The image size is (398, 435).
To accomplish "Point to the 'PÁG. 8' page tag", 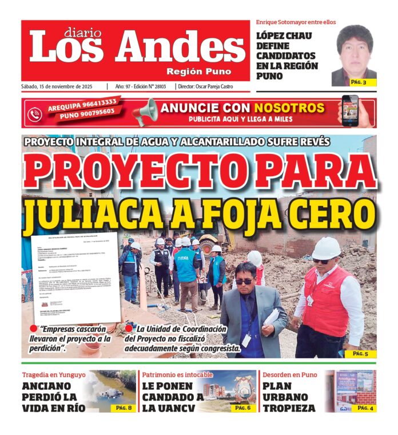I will click(x=124, y=408).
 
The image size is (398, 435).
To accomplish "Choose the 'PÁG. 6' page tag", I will click(x=242, y=408).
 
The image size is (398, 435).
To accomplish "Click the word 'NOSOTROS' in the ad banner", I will click(x=289, y=108).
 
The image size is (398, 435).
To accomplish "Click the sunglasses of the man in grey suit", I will click(x=244, y=281).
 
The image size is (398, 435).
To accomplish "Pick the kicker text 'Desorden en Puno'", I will click(x=289, y=375).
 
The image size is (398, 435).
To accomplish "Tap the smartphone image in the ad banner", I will click(x=349, y=110).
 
